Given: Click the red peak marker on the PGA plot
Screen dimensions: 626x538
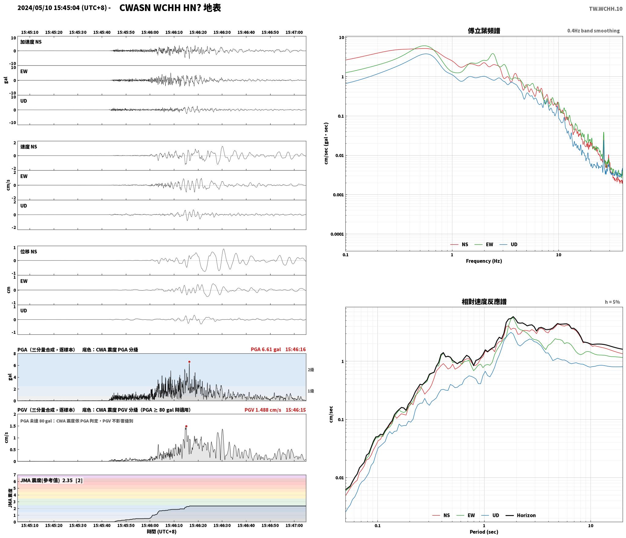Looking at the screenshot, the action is coord(189,362).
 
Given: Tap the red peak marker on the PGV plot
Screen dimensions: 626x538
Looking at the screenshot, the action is coord(186,426).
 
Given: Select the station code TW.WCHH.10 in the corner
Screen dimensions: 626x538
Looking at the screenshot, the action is coord(606,9).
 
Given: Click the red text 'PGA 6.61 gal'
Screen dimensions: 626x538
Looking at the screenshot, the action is coord(266,349).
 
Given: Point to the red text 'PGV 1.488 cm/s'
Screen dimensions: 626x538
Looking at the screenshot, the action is coord(263,410).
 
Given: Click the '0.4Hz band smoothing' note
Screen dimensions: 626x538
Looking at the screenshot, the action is coord(593,31).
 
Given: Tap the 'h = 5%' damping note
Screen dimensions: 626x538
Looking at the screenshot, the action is coord(612,302).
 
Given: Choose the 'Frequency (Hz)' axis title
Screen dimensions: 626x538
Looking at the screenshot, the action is coord(484,261).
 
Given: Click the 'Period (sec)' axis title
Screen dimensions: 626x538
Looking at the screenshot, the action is coord(484,532).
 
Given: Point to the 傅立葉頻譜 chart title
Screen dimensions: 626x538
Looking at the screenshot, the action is coord(484,31).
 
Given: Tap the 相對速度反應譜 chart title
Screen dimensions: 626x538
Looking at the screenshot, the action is coord(484,302).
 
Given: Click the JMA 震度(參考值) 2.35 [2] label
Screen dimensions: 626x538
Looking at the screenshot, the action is coord(51,481).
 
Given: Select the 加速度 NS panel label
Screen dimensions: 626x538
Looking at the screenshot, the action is coord(31,42).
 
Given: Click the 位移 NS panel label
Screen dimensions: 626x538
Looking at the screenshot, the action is coord(29,252).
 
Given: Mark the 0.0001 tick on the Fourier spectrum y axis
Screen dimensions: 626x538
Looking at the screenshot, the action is coord(337,234).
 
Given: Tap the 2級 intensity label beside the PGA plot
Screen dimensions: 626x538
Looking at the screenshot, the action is coord(311,370).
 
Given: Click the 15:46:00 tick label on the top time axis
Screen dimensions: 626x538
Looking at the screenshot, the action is coord(150,32).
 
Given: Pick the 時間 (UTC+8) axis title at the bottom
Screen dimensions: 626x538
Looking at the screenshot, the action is coord(162,532).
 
